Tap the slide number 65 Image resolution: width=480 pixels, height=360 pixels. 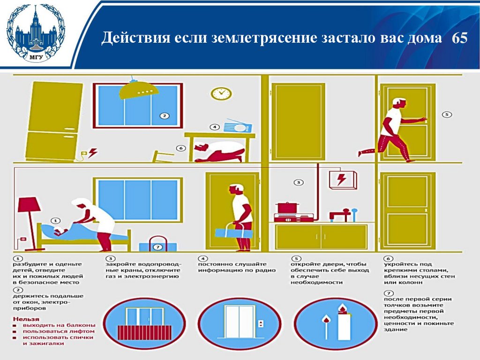[459, 37]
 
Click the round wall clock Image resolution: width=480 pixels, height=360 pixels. [221, 93]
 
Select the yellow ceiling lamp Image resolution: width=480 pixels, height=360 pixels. [139, 88]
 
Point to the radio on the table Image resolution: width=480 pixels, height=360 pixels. [238, 126]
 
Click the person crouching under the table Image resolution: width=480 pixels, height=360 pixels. [219, 151]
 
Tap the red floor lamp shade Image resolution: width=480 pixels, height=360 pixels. [29, 205]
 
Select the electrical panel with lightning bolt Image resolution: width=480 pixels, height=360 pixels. [343, 180]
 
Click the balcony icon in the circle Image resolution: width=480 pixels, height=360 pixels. [144, 324]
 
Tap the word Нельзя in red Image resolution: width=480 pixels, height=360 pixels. [26, 319]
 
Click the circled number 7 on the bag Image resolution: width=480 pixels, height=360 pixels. [157, 247]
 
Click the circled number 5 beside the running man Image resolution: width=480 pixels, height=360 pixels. [447, 114]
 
